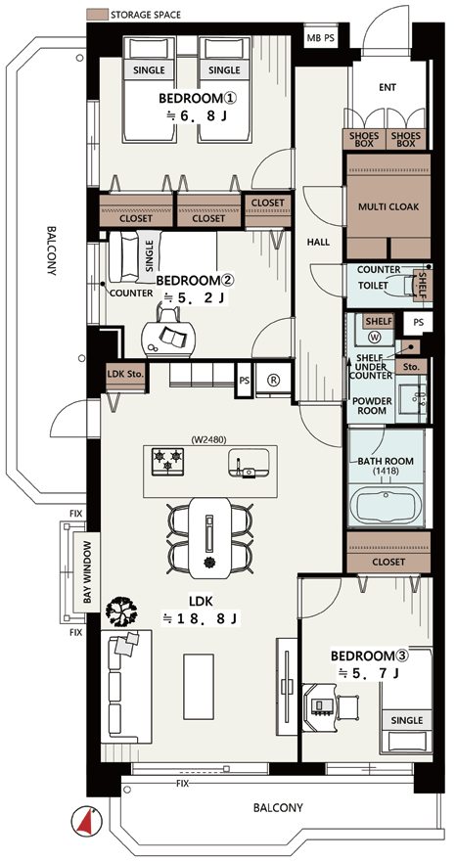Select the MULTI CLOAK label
[388, 207]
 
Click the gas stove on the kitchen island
[167, 460]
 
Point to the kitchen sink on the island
[249, 463]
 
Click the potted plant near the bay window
[121, 611]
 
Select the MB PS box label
[320, 38]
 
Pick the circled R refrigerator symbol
[274, 379]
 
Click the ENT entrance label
[388, 87]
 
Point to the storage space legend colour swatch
[97, 14]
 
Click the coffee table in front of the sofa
[198, 686]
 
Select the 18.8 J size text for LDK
[201, 618]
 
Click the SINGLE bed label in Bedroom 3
[406, 720]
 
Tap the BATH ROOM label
[386, 461]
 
